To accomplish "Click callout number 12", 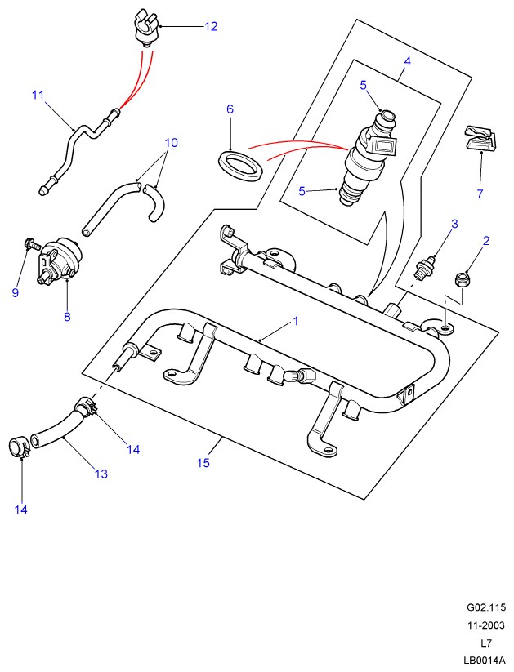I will [x=211, y=26].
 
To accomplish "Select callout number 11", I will [x=38, y=96].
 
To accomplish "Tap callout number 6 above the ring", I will [x=230, y=109].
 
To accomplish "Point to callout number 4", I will [x=407, y=61].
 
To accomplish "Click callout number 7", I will [x=480, y=194].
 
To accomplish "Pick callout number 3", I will [x=454, y=223].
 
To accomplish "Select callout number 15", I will [x=203, y=463].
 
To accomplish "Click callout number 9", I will [x=15, y=293].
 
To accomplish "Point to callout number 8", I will [x=67, y=316].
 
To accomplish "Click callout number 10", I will [x=171, y=142].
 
